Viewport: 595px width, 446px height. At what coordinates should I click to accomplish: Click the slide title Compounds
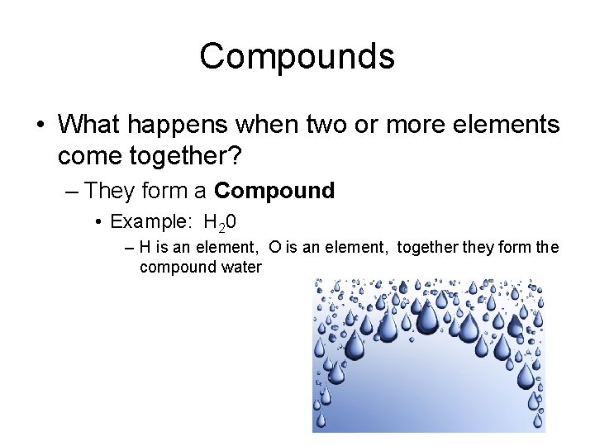[x=297, y=56]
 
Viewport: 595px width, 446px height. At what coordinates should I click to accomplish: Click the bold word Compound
[x=274, y=192]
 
